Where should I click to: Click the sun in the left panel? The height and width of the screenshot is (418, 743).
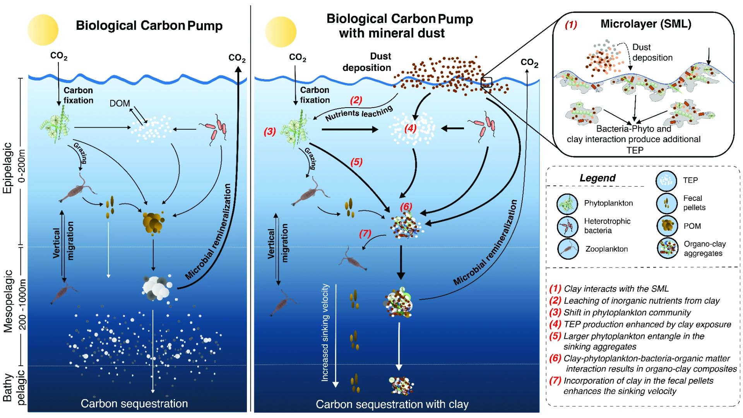point(43,30)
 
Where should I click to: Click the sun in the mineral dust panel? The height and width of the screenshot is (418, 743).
point(281,32)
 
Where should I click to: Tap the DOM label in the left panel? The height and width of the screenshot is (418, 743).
point(120,103)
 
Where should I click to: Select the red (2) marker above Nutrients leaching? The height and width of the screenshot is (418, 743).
point(356,100)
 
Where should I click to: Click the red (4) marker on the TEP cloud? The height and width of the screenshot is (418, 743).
point(410,128)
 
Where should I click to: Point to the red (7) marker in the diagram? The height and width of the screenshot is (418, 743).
point(365,233)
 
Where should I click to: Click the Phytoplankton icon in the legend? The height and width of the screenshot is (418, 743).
point(567,204)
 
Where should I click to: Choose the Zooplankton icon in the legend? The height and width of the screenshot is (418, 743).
point(568,249)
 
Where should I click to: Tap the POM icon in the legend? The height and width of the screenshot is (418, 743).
point(667,226)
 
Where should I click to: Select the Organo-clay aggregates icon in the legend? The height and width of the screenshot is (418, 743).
point(668,248)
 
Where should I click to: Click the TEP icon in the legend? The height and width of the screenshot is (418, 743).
point(666,180)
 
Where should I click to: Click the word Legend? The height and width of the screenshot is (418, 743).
point(597,178)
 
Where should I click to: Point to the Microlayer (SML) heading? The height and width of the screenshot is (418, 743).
point(646,24)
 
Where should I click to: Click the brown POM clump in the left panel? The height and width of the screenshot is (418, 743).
point(154,223)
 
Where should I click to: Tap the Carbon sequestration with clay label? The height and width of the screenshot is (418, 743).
point(392,404)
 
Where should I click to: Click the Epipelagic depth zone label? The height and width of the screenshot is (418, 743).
point(8,168)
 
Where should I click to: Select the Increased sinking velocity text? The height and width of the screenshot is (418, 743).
point(325,332)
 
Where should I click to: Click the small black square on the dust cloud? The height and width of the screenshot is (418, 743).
point(486,82)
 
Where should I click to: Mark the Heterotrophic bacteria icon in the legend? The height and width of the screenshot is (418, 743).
point(567,226)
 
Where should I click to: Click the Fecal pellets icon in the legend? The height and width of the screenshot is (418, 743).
point(666,203)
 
